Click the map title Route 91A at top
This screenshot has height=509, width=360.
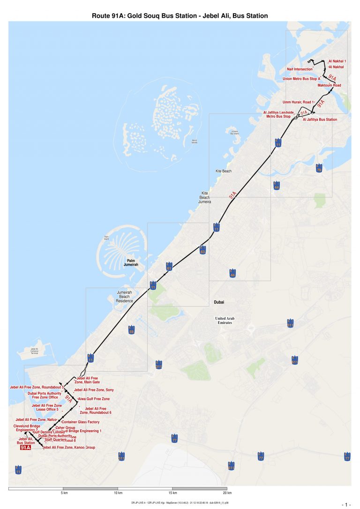coord(180,16)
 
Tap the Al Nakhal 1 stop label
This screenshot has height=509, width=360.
coord(337,61)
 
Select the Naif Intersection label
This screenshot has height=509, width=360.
coord(300,69)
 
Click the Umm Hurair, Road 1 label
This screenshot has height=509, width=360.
coord(298,102)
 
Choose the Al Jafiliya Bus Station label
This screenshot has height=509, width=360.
coord(320,120)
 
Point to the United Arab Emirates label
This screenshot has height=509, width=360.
coord(227,321)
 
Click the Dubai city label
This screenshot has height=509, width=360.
coord(220,302)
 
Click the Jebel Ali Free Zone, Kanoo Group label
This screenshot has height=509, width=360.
coord(69,448)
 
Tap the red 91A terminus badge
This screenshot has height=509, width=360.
coord(26,448)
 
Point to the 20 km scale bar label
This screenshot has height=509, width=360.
coord(227,493)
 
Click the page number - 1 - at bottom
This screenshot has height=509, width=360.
coord(346,504)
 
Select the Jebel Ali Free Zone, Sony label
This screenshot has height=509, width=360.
coord(94,390)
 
